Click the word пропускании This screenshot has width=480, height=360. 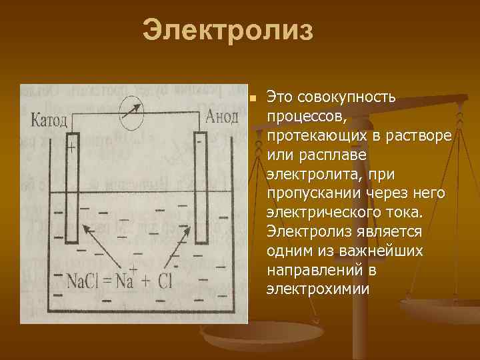tap(314, 193)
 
